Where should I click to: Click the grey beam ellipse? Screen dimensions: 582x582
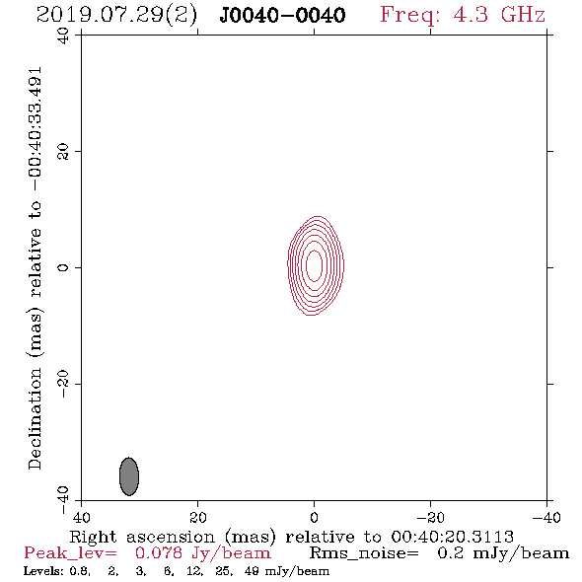[x=129, y=476]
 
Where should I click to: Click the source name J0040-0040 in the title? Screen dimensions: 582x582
[x=282, y=15]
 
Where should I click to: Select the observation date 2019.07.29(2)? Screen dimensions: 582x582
[x=116, y=16]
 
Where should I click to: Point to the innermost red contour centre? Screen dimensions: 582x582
[x=314, y=265]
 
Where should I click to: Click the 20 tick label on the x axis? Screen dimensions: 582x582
[x=198, y=518]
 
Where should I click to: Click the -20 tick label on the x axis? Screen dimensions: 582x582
[x=430, y=518]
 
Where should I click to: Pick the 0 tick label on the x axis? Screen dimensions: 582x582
[x=314, y=518]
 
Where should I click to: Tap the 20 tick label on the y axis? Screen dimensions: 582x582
[x=63, y=152]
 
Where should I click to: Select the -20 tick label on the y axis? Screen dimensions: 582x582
[x=63, y=384]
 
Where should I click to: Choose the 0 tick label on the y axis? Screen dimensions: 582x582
[x=63, y=267]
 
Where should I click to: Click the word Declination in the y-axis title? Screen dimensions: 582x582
[x=35, y=418]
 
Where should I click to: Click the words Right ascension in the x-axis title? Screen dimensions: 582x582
[x=142, y=538]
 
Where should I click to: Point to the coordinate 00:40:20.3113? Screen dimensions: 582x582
[x=452, y=537]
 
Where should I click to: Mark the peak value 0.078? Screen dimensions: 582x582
[x=159, y=553]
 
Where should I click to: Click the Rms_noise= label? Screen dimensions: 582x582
[x=364, y=553]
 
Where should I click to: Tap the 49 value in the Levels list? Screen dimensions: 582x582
[x=252, y=571]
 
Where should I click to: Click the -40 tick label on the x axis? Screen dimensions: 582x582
[x=546, y=518]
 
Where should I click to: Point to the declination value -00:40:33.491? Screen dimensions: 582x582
[x=36, y=129]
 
